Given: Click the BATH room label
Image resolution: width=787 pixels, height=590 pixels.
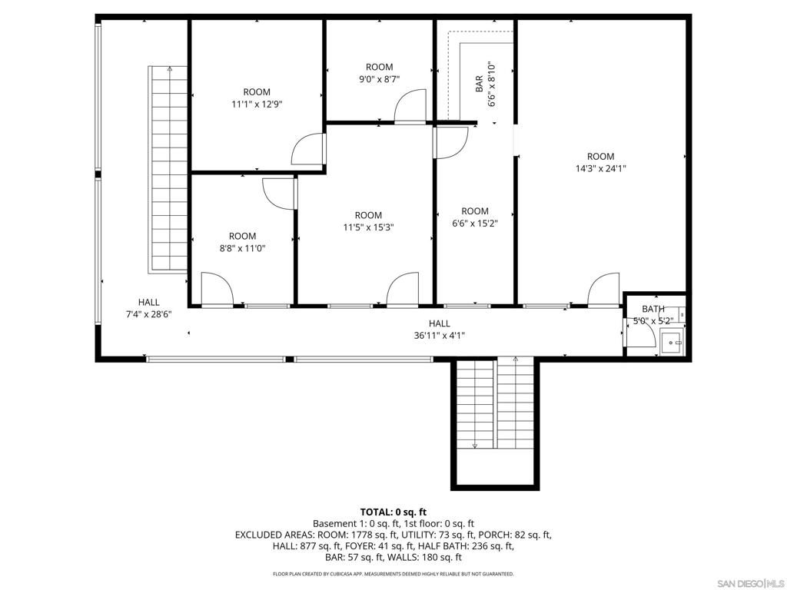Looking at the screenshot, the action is pyautogui.click(x=653, y=309).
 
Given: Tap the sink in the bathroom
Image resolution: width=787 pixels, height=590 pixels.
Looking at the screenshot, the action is pyautogui.click(x=672, y=342).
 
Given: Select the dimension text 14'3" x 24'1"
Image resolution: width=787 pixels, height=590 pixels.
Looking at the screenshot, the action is pyautogui.click(x=601, y=168).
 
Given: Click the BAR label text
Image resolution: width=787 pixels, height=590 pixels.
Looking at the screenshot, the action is pyautogui.click(x=480, y=84).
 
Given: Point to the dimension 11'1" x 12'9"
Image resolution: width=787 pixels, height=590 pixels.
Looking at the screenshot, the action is pyautogui.click(x=257, y=104).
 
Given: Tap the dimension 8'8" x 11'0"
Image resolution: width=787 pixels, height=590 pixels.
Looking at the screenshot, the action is pyautogui.click(x=242, y=248).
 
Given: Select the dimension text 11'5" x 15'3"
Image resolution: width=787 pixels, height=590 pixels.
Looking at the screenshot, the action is pyautogui.click(x=368, y=227).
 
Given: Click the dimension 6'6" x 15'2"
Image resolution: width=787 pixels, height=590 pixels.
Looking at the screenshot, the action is pyautogui.click(x=475, y=224).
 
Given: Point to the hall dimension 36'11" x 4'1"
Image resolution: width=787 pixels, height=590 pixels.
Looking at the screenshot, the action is pyautogui.click(x=440, y=336).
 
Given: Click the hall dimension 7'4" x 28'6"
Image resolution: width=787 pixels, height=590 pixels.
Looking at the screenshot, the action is pyautogui.click(x=148, y=314).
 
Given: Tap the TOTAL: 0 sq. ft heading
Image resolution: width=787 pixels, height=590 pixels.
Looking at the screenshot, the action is pyautogui.click(x=393, y=512).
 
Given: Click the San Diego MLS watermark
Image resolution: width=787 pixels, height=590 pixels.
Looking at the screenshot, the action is pyautogui.click(x=750, y=584).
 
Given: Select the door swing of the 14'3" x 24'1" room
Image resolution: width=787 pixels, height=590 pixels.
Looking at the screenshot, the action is pyautogui.click(x=604, y=289).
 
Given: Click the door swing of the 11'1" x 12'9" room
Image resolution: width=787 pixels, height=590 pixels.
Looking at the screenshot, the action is pyautogui.click(x=307, y=149).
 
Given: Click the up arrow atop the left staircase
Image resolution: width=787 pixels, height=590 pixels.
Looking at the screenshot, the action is pyautogui.click(x=170, y=68).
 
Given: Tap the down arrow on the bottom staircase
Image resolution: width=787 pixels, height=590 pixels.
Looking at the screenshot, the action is pyautogui.click(x=475, y=445).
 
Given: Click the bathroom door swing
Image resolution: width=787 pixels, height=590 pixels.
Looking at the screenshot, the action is pyautogui.click(x=640, y=332).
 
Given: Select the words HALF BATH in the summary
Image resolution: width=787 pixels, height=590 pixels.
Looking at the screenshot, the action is pyautogui.click(x=438, y=546).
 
